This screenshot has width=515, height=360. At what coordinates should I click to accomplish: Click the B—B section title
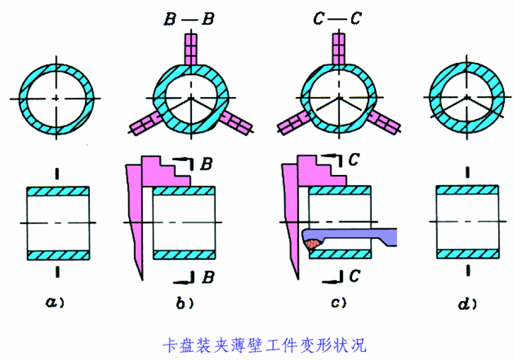point(189,18)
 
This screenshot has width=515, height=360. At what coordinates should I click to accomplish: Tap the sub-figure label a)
point(55,302)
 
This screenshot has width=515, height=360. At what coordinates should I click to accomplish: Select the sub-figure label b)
point(185,303)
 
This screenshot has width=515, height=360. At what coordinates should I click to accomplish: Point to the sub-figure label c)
point(339,302)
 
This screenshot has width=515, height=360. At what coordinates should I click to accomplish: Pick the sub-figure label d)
point(467,304)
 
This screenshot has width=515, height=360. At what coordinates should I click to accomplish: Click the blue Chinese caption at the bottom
point(264,345)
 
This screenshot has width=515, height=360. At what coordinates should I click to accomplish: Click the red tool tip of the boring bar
point(312,244)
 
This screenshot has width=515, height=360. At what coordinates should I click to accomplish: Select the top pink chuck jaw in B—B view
point(191,50)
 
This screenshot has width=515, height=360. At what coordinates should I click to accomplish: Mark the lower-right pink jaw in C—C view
point(384,122)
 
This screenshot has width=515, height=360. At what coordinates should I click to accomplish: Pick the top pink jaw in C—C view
point(339,49)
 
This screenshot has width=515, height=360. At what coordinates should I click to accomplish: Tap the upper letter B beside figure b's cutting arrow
point(206,163)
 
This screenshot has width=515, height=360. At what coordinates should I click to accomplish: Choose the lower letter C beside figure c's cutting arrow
point(354,276)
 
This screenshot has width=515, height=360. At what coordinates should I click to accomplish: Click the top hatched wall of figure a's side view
point(58,191)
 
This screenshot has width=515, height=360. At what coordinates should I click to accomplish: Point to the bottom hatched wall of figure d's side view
point(468,254)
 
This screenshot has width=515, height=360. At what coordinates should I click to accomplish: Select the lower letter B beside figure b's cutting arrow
point(208,276)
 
